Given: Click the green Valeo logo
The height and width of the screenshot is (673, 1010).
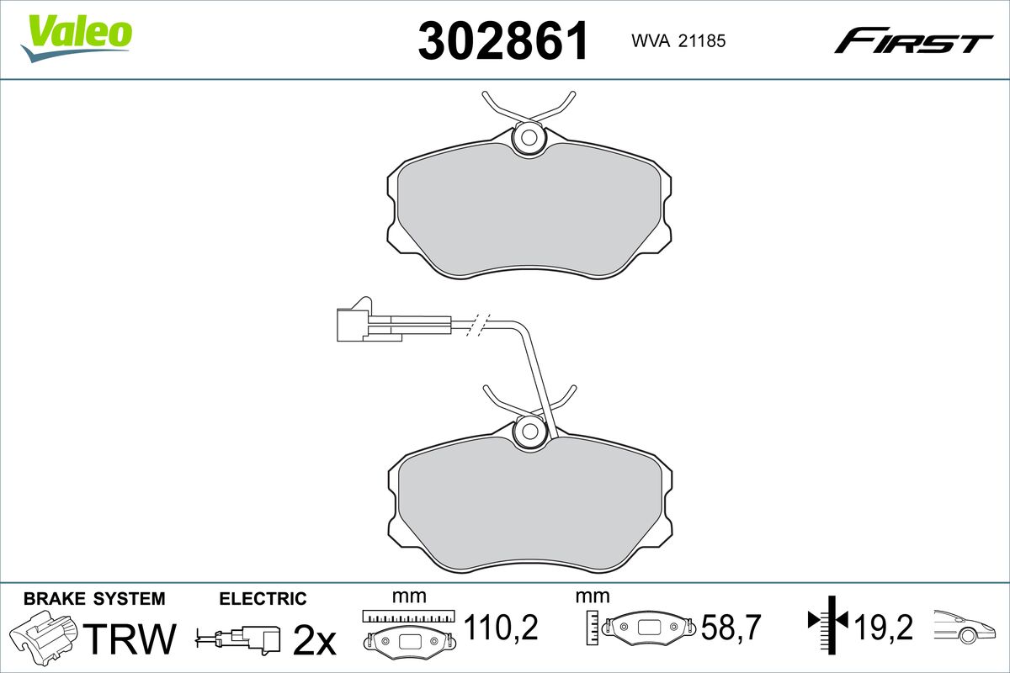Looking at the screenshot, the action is [77, 38].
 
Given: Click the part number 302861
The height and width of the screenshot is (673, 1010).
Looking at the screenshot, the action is [503, 40].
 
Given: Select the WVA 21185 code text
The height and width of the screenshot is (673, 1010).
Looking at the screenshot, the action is [678, 41].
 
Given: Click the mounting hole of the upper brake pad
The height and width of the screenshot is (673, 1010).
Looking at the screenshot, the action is [529, 138].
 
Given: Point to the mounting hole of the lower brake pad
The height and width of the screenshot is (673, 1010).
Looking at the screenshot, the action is [530, 432].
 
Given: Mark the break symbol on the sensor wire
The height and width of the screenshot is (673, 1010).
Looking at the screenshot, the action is [477, 324].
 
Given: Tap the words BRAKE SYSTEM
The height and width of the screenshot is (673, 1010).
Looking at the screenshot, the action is [94, 599].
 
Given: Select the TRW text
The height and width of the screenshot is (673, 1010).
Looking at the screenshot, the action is [130, 638].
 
